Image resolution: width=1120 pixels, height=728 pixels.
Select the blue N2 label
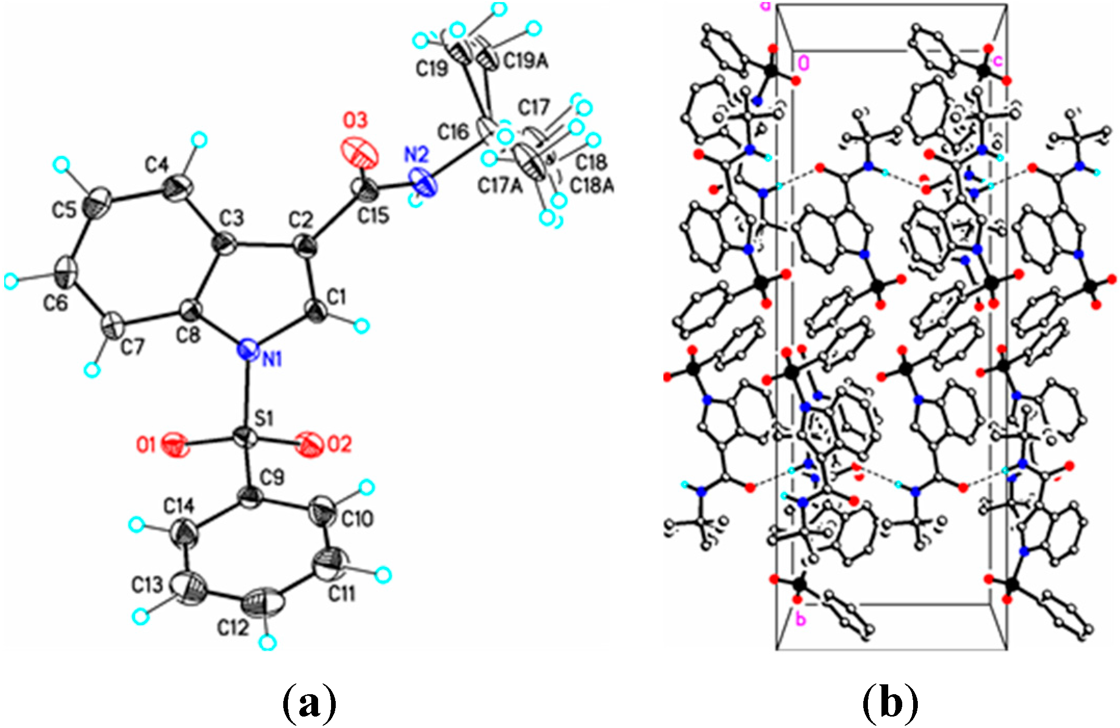point(416,154)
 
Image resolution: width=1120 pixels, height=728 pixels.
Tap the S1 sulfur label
point(264,418)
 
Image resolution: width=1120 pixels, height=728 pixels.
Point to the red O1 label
point(146,445)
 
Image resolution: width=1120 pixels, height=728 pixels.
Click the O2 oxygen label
point(338,444)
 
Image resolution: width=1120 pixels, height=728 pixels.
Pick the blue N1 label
point(271,359)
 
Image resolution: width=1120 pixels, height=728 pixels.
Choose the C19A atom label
point(526,62)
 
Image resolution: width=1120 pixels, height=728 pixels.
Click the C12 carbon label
point(234,628)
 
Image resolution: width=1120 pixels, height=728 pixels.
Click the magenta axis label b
point(801,619)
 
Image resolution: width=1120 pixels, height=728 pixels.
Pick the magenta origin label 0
point(803,63)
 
